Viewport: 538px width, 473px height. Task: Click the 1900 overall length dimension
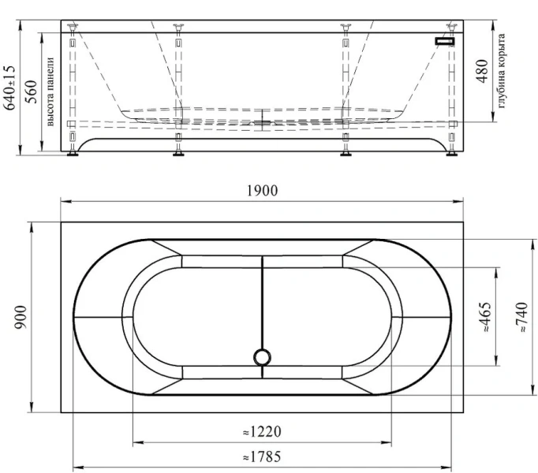263,190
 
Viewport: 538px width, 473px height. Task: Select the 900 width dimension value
21,317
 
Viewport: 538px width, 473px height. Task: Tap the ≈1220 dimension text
263,431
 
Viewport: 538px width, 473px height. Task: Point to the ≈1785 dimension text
262,457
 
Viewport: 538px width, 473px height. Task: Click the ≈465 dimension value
486,317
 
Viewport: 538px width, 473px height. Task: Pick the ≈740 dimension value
522,317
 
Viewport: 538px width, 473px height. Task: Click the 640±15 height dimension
9,88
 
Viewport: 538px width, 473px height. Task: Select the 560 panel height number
31,92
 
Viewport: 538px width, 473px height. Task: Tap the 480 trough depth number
482,71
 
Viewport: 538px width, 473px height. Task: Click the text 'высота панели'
50,92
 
